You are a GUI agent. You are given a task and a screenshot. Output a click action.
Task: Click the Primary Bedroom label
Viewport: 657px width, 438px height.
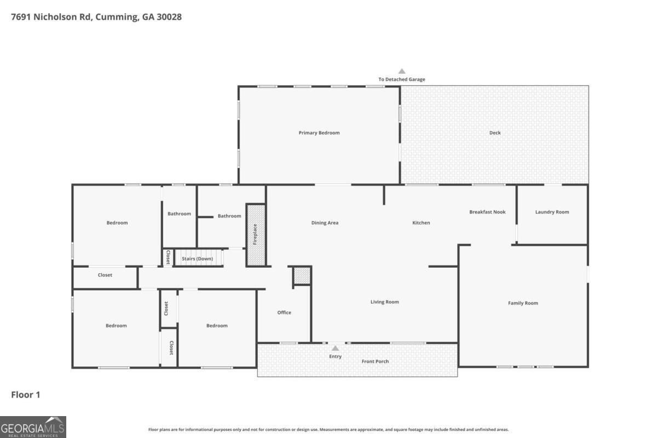[319, 133]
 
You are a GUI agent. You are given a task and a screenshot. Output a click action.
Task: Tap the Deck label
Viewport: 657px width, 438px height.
[495, 133]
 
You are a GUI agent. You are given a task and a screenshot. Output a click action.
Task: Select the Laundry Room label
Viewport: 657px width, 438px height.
[552, 212]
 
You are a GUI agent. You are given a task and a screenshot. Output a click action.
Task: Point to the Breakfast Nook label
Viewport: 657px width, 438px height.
[487, 212]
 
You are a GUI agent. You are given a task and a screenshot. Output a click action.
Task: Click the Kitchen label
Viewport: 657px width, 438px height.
[421, 223]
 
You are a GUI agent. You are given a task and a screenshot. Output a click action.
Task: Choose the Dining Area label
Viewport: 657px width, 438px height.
[325, 223]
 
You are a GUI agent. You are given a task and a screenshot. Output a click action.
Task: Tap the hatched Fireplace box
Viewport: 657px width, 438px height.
[256, 235]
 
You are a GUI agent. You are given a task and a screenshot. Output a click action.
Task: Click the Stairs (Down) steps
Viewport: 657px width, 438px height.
[199, 257]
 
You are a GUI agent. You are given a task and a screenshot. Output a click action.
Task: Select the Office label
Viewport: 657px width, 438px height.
[284, 313]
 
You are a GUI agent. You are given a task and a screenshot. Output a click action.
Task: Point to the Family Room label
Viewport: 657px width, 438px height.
[523, 303]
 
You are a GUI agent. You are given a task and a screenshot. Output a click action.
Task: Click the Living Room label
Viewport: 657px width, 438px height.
[384, 302]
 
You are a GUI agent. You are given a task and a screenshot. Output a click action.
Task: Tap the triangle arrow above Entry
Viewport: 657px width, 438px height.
[335, 348]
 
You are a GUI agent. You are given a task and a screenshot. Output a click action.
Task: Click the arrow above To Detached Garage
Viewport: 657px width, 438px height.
[402, 71]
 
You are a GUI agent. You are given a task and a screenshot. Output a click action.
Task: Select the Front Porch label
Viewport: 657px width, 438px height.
[375, 362]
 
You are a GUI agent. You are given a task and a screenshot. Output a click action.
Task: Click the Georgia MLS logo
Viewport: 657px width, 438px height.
[33, 427]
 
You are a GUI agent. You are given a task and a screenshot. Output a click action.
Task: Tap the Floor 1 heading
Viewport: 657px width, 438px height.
[26, 395]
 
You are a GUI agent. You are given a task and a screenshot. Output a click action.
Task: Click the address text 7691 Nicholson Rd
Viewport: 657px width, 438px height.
[51, 17]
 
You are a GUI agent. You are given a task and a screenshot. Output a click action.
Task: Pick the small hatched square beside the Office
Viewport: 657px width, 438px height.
[302, 276]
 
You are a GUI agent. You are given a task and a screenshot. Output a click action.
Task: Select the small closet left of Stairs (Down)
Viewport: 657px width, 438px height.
[168, 257]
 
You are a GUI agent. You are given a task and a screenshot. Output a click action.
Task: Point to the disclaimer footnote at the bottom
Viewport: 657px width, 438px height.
[328, 429]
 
